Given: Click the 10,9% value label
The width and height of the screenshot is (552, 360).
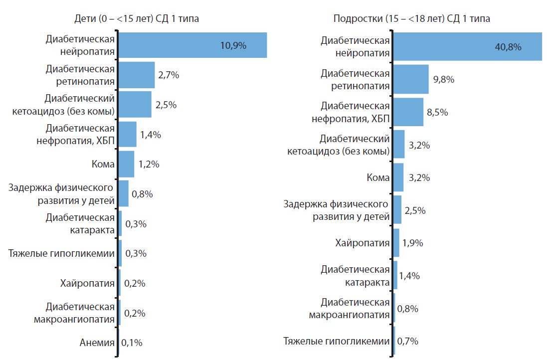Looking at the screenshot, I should pos(233,45).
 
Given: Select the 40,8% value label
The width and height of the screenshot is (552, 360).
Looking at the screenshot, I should pos(508,47).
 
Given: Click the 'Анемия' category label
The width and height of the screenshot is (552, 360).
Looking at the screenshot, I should pos(97,343).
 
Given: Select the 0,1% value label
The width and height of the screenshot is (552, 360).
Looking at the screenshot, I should pos(132,343).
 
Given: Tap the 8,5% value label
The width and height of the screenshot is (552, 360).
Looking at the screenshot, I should pos(437,112).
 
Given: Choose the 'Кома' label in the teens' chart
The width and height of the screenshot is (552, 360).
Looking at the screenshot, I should pos(378,178).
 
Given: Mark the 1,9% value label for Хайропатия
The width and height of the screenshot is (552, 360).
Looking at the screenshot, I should pos(412,243).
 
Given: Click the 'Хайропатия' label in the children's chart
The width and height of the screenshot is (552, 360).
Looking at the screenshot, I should pos(87,284).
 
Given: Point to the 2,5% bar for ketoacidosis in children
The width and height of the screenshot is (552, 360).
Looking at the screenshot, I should pos(135,105).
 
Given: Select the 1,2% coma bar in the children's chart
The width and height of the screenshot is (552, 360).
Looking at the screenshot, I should pos(127,165).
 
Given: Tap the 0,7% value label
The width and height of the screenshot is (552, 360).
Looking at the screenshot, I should pos(407,342).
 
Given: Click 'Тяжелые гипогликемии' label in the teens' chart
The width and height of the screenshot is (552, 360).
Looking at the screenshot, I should pos(336,342).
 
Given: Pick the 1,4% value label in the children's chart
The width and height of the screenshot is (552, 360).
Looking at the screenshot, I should pos(150,135).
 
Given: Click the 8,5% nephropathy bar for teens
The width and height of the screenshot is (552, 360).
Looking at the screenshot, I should pos(408,112).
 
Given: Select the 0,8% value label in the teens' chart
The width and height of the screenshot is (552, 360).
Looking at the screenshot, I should pos(408,308).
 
